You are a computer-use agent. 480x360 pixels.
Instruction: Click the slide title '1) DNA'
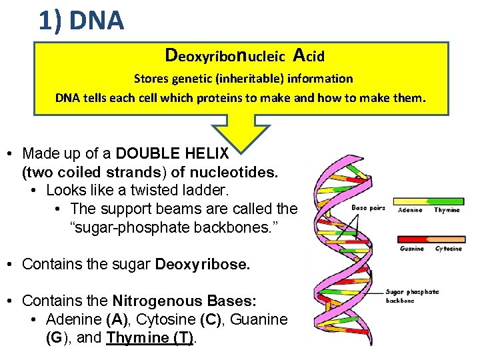coord(81,21)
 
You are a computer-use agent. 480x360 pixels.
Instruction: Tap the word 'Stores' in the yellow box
coord(151,79)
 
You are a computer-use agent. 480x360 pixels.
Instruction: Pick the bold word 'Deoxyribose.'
coord(203,264)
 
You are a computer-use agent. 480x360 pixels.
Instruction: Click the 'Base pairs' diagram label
coord(368,208)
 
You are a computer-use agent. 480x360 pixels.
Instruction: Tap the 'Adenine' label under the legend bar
coord(411,210)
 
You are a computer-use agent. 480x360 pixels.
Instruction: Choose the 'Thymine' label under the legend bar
coord(447,210)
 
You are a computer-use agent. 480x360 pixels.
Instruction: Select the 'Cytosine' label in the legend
coord(448,249)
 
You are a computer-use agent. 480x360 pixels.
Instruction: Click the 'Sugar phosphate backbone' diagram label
coord(413,295)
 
